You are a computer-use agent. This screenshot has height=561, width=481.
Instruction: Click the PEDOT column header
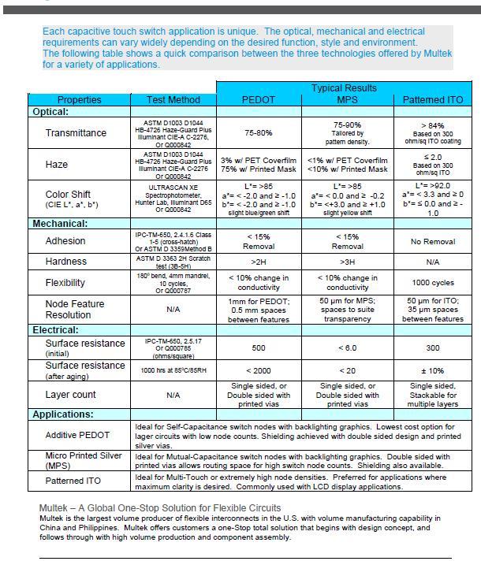click(258, 100)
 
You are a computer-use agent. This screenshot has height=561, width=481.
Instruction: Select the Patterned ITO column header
click(434, 100)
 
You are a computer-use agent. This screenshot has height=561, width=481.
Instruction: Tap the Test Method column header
click(173, 100)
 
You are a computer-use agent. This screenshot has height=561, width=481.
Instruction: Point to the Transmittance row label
click(76, 133)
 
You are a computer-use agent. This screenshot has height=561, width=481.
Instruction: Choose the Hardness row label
click(66, 261)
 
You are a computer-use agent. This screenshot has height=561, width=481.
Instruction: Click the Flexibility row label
click(71, 282)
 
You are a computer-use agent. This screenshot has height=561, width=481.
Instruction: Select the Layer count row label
click(71, 394)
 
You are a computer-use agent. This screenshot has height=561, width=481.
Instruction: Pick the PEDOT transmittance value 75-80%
click(259, 133)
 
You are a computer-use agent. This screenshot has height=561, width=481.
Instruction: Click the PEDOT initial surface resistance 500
click(259, 347)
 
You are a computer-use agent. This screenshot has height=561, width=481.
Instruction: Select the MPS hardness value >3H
click(347, 261)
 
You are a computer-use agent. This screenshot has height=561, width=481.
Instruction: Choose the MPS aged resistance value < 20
click(347, 370)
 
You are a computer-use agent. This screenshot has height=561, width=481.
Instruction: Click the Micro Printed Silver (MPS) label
click(82, 461)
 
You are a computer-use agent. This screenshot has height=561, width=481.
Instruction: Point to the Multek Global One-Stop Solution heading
click(160, 507)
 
